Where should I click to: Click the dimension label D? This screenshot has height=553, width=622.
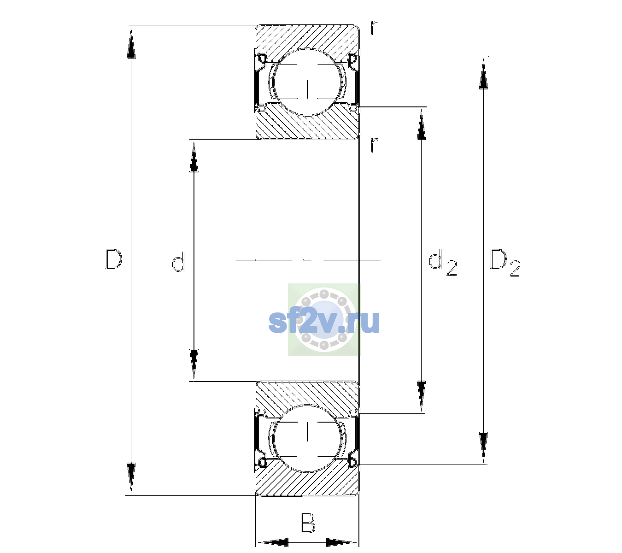coord(114,259)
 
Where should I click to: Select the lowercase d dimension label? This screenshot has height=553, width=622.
coord(178,262)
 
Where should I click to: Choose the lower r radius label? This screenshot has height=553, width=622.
coord(374,145)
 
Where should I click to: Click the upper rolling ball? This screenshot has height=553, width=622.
coord(307,82)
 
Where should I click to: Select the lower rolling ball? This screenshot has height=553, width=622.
coord(307,438)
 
